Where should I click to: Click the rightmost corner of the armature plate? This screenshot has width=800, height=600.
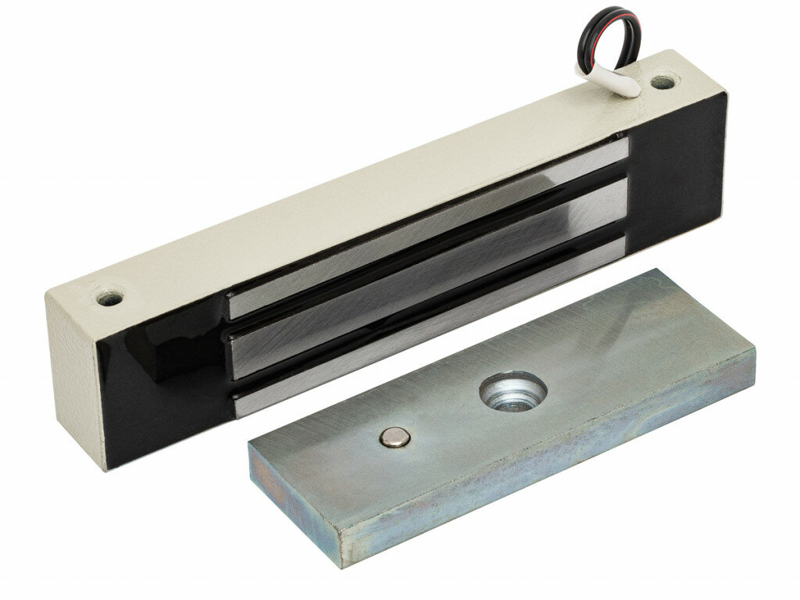click(755, 367)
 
